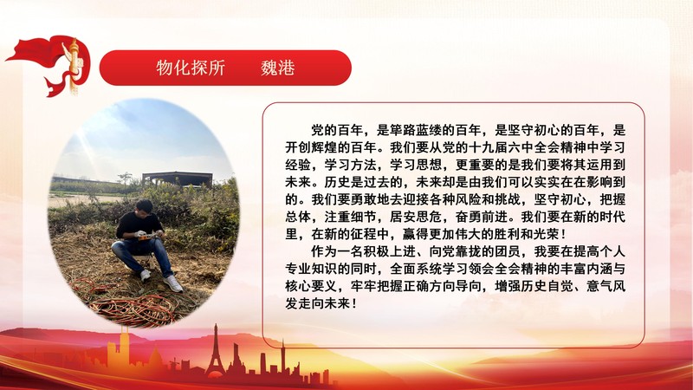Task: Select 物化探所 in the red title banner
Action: click(191, 68)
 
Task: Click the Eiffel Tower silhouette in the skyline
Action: click(215, 351)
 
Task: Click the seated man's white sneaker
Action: click(173, 283)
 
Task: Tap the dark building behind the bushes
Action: click(178, 179)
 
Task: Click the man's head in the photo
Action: click(144, 208)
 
